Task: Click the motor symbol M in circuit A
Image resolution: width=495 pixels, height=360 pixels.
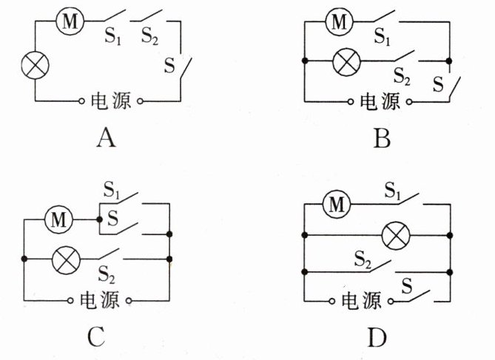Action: click(x=70, y=21)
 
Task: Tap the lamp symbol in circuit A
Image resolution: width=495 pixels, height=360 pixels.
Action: click(x=35, y=65)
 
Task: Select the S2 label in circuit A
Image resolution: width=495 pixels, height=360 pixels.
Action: click(x=149, y=35)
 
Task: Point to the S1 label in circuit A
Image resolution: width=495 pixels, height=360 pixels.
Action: click(x=112, y=35)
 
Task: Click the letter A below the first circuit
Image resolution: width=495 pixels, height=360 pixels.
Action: click(x=106, y=138)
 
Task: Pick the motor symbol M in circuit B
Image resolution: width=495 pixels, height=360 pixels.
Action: click(x=340, y=21)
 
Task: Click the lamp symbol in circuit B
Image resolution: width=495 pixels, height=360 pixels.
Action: click(x=347, y=61)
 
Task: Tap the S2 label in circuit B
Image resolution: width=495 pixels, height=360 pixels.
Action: click(x=402, y=76)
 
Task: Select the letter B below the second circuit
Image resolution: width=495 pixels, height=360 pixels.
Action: click(x=382, y=138)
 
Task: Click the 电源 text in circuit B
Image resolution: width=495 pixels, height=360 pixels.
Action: click(x=380, y=101)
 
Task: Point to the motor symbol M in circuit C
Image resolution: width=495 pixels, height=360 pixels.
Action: click(x=58, y=220)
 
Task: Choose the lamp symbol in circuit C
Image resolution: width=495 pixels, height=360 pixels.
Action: click(x=66, y=259)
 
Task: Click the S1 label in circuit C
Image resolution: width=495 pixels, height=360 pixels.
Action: click(x=112, y=190)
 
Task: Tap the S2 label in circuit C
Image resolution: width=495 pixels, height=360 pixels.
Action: click(x=107, y=274)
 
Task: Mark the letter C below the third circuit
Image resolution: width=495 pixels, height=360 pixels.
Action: click(x=96, y=336)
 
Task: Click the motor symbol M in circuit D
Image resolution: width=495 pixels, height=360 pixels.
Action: click(x=337, y=204)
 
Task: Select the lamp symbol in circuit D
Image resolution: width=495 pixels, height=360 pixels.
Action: click(x=396, y=235)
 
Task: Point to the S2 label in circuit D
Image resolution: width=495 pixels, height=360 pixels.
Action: click(x=363, y=260)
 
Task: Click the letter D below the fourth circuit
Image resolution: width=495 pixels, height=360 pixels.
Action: click(x=377, y=338)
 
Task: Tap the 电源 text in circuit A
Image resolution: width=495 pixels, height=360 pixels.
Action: click(x=111, y=101)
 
